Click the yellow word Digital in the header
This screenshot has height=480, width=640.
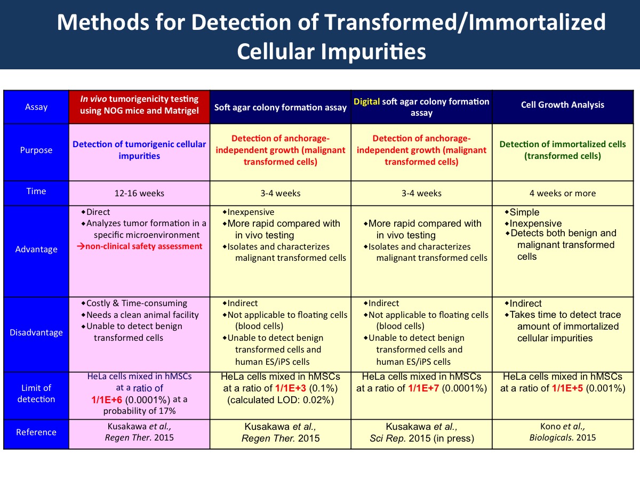[366, 101]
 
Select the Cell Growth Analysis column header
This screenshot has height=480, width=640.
[563, 105]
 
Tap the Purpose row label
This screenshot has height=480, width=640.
[36, 150]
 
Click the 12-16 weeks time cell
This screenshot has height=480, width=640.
[139, 193]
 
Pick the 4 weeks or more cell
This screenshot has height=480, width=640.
[563, 193]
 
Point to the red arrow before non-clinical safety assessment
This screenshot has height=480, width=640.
[81, 246]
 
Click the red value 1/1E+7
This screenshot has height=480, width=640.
[423, 388]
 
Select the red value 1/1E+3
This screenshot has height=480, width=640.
[291, 388]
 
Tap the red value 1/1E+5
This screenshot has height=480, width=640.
[567, 388]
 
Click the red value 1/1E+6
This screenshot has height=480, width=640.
[107, 399]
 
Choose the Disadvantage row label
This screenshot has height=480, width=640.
[36, 332]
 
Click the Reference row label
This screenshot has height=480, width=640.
[36, 432]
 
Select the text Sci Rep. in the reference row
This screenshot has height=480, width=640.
[388, 438]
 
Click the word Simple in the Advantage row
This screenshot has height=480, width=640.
[524, 212]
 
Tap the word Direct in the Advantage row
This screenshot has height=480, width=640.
[98, 212]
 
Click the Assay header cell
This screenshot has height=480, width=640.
[36, 107]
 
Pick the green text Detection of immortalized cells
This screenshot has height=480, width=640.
[563, 144]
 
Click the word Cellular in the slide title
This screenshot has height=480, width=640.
[276, 52]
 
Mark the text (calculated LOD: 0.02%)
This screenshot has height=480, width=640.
[281, 400]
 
